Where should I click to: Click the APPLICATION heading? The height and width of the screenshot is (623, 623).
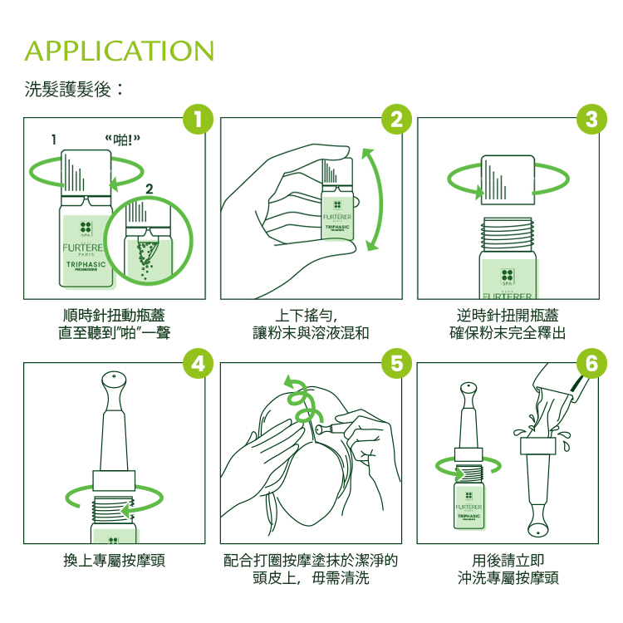(120, 50)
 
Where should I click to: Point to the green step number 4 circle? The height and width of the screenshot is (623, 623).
(199, 364)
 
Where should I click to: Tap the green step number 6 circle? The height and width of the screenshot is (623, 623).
(591, 364)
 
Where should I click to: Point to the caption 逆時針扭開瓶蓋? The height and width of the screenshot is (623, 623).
(508, 316)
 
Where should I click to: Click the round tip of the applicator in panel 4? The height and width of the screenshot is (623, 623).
(114, 380)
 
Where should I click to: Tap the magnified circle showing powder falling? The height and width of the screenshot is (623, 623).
(150, 240)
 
